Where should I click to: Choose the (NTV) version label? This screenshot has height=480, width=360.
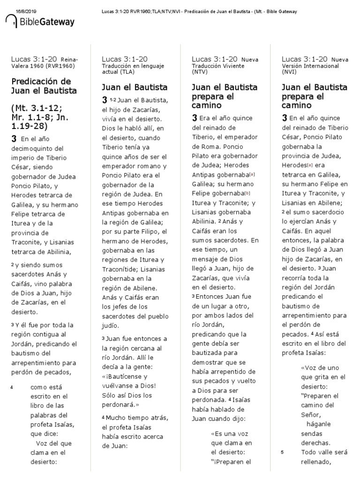point(199,73)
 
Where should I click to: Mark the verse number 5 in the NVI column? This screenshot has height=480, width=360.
point(282,452)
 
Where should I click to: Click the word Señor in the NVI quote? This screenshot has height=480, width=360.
point(311,414)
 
